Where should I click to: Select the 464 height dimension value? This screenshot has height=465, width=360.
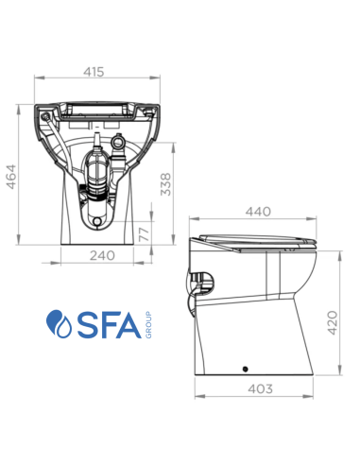point(12,170)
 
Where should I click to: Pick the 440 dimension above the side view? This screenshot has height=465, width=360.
point(257,212)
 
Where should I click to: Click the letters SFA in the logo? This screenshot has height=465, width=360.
point(106,322)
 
